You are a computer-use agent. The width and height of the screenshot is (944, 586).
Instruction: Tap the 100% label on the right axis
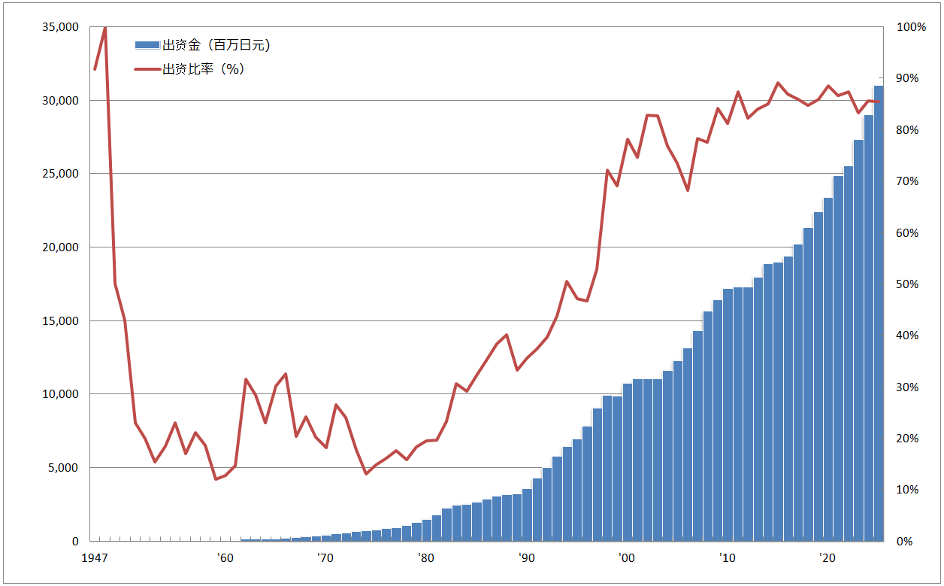(x=912, y=27)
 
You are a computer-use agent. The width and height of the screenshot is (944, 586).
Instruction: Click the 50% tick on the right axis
(x=912, y=284)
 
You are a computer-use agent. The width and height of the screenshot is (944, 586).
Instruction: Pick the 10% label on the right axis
(x=912, y=490)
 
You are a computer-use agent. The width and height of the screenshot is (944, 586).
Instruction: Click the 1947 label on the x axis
(x=93, y=558)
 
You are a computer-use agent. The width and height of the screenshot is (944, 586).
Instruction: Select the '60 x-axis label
(x=224, y=558)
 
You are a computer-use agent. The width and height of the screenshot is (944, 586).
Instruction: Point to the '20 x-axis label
(x=828, y=558)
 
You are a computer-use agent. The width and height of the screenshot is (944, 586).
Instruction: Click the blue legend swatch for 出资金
(x=148, y=45)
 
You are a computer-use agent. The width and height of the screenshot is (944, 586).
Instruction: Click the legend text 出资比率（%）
(x=204, y=69)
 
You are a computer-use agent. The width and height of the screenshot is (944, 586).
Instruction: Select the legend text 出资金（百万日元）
(x=216, y=45)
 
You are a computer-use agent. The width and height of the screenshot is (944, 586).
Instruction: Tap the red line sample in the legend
(x=148, y=69)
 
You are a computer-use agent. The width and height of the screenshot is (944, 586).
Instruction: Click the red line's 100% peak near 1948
(x=104, y=28)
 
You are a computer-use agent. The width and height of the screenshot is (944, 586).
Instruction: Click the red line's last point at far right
(x=879, y=102)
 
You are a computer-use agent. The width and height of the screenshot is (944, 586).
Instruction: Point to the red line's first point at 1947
(x=95, y=69)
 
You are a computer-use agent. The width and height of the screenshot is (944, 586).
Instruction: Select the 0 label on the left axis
(x=75, y=542)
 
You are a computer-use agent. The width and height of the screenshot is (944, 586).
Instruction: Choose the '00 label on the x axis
(x=626, y=558)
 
